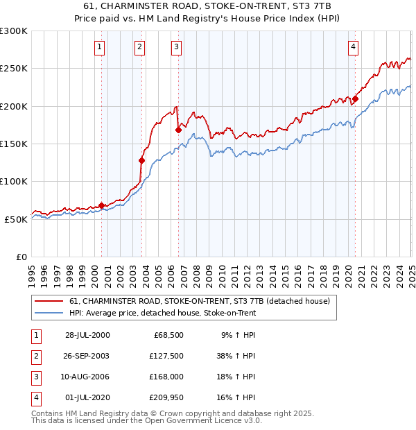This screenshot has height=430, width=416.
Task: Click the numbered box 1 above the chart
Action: [x=101, y=47]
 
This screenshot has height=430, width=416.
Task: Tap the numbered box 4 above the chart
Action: [x=354, y=47]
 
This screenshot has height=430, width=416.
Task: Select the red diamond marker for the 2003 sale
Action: [x=141, y=160]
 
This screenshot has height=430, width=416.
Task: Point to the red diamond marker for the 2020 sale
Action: [x=355, y=98]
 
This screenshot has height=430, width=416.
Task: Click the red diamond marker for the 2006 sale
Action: [x=178, y=130]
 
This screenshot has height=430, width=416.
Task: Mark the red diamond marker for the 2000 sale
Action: [x=101, y=205]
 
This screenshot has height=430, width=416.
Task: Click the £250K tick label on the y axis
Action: [x=14, y=69]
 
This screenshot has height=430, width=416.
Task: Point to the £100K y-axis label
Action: [x=14, y=181]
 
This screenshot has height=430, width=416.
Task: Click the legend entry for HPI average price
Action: [x=162, y=313]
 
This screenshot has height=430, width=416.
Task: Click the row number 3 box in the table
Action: [x=34, y=377]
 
